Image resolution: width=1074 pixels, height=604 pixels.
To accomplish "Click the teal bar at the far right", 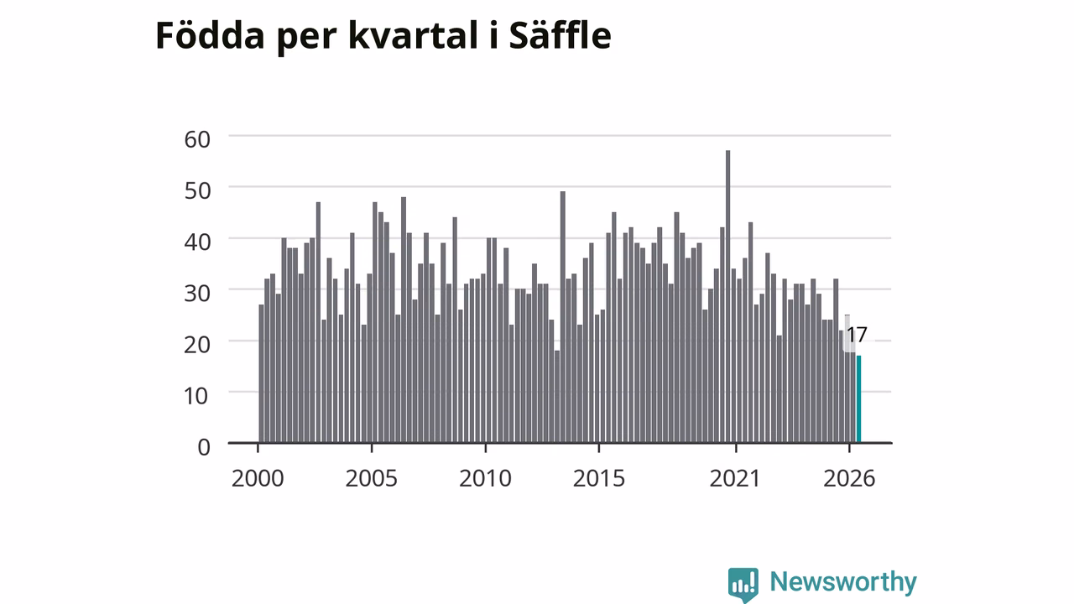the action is click(858, 398).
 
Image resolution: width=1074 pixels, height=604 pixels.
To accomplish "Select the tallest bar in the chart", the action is click(727, 296).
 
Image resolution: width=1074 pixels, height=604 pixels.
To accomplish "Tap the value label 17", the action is click(857, 335).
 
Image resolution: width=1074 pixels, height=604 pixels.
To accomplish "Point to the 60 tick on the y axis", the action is click(197, 139).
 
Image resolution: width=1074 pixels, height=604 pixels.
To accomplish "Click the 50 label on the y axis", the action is click(197, 190).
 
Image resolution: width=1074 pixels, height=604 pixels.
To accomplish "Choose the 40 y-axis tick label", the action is click(197, 242).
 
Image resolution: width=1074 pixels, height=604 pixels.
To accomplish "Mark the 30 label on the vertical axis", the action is click(197, 294).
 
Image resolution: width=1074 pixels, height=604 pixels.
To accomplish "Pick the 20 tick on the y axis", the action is click(197, 345).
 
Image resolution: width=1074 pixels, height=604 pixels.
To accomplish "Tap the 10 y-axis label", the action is click(196, 396).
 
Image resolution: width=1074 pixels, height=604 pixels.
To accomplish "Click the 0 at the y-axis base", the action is click(204, 447).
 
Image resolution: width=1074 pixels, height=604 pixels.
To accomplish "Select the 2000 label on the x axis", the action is click(258, 478).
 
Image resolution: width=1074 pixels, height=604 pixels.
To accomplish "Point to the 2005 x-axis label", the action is click(372, 478).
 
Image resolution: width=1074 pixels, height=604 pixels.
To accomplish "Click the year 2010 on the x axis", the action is click(485, 478).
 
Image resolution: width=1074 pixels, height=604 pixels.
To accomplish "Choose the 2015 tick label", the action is click(599, 478).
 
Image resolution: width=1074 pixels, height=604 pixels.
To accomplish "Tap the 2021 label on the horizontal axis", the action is click(735, 478).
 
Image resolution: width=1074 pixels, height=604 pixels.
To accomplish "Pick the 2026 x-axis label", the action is click(849, 478).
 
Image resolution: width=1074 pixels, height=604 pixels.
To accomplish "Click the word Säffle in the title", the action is click(560, 35).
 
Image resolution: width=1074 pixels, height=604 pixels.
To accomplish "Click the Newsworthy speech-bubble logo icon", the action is click(743, 585).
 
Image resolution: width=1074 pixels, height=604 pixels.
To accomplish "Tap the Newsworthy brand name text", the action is click(843, 582).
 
